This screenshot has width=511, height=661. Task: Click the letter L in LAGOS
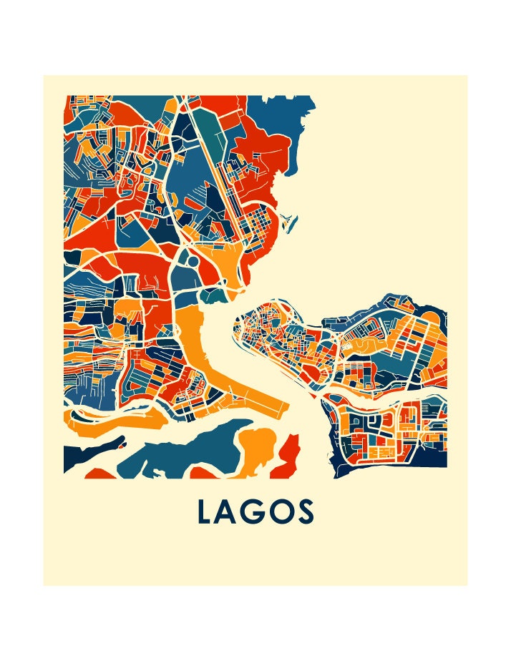tap(205, 512)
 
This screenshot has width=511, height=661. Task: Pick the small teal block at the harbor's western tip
tap(212, 294)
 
